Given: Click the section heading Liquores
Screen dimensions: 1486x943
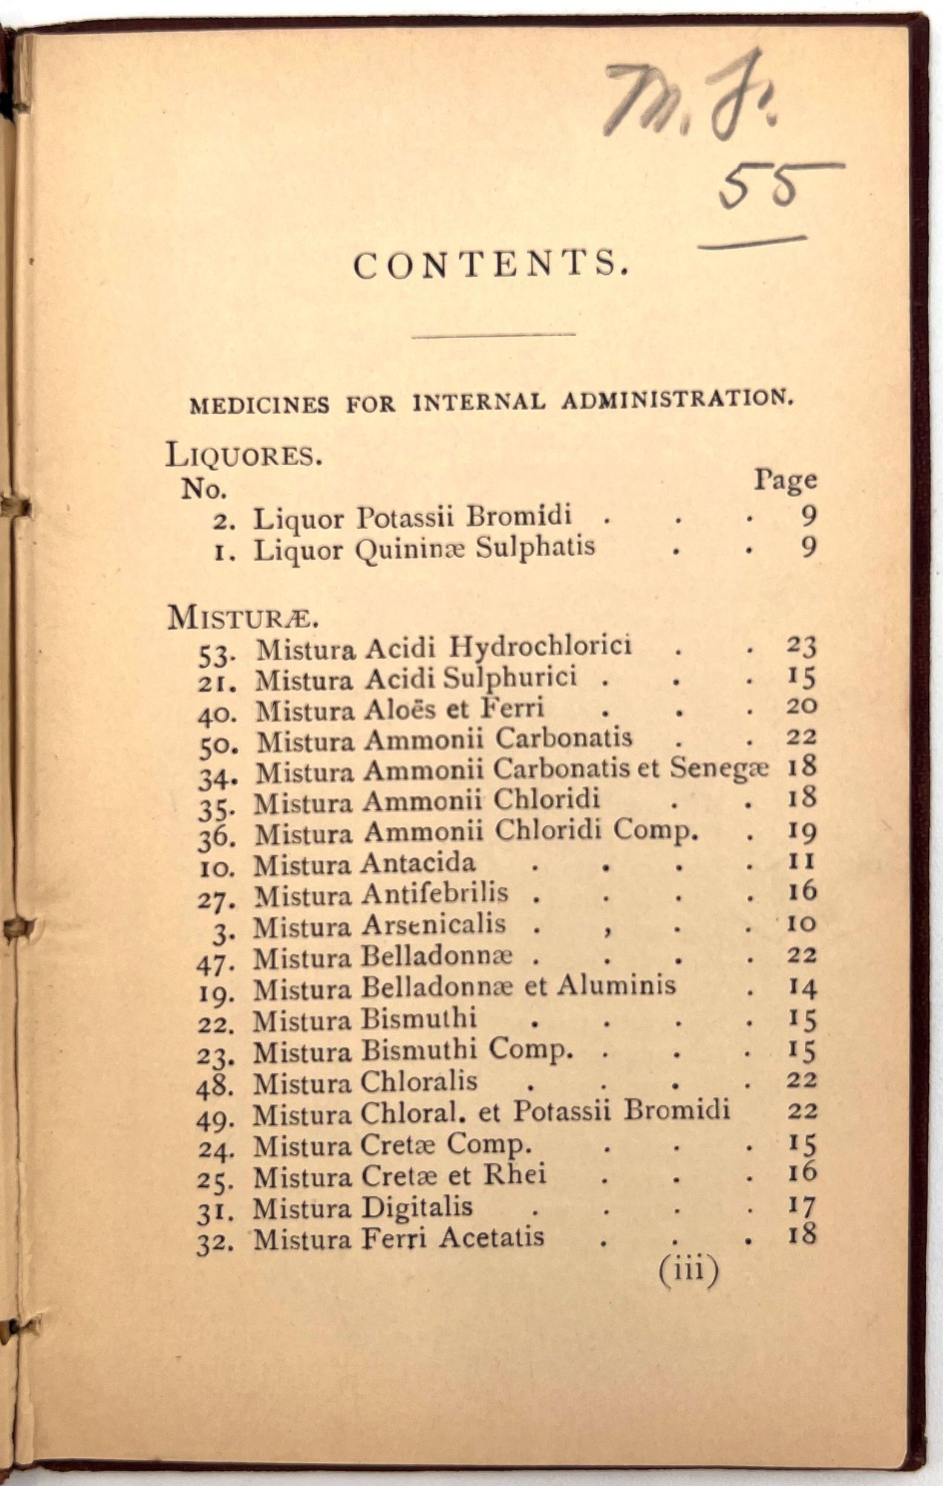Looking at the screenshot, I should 244,454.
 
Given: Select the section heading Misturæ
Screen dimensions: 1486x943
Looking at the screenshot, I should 243,617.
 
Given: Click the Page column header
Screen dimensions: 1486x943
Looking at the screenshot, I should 785,481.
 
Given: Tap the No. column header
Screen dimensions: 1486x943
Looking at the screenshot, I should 203,489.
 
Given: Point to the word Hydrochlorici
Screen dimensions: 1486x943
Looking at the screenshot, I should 541,646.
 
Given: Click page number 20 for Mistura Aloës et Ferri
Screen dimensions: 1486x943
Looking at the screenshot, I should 801,706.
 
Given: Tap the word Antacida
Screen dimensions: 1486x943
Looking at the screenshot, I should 418,863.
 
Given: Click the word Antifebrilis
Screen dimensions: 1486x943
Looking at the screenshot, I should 434,894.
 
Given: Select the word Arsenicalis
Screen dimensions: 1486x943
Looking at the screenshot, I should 434,925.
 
